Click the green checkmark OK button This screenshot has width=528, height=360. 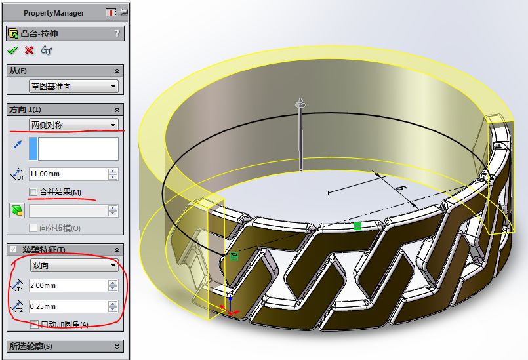point(12,50)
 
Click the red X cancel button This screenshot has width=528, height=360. point(29,50)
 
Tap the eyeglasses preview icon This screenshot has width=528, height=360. point(47,50)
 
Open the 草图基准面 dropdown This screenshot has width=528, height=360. point(73,87)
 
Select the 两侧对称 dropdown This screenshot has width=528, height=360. point(73,125)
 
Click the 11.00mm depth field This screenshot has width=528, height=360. point(68,174)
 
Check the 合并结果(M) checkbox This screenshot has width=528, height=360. point(33,191)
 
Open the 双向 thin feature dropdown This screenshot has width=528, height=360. point(73,266)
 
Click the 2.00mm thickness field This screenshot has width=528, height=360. point(68,285)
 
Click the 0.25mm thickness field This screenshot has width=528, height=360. point(68,306)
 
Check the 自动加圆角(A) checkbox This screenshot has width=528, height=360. point(34,324)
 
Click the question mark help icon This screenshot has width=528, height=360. point(117,33)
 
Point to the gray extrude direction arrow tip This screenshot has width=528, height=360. point(300,102)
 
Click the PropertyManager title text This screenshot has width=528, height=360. point(54,13)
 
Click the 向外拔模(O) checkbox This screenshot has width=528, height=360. point(33,228)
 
